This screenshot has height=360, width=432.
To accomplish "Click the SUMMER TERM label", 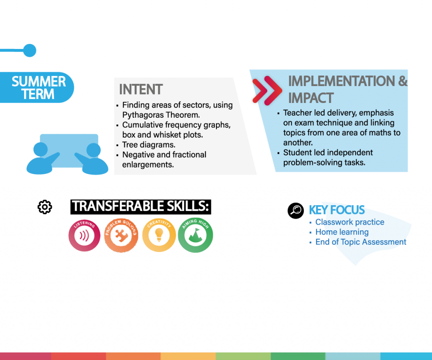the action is click(38, 88).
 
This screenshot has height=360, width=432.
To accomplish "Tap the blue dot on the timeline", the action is click(30, 51).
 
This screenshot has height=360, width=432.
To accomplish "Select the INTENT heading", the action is click(141, 89).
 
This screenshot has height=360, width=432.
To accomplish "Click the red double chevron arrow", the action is click(267, 90).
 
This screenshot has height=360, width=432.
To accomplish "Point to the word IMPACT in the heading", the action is click(311, 98).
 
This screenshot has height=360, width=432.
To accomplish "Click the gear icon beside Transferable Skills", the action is click(45, 207).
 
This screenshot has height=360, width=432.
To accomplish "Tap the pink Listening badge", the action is click(84, 235).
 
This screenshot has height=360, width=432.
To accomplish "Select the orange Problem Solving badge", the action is click(121, 235).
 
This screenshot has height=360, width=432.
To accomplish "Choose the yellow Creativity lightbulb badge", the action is click(159, 235).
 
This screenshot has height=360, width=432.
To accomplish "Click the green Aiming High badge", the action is click(195, 235).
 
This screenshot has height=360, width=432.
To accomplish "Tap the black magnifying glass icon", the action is click(296, 211).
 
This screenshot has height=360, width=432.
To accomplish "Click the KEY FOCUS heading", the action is click(337, 210).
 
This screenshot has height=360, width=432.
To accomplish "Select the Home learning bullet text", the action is click(342, 232).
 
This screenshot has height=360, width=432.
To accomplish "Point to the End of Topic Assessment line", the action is click(361, 242).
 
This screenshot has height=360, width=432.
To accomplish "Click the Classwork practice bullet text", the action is click(350, 222).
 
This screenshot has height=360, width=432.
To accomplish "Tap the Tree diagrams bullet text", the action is click(149, 145).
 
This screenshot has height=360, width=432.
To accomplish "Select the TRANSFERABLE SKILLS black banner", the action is click(141, 207).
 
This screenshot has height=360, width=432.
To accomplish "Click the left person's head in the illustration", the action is click(40, 150).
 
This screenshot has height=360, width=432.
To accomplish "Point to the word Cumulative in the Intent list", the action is click(143, 125).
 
